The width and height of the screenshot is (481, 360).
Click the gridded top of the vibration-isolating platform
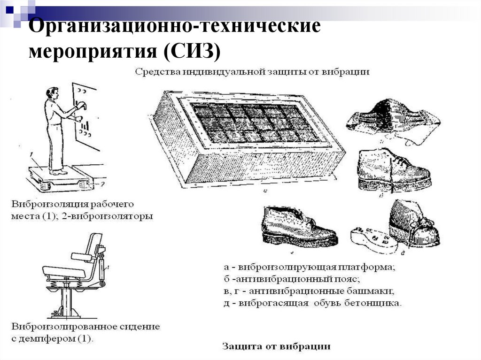click(x=254, y=122)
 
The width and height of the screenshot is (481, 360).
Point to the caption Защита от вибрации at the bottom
click(x=276, y=347)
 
